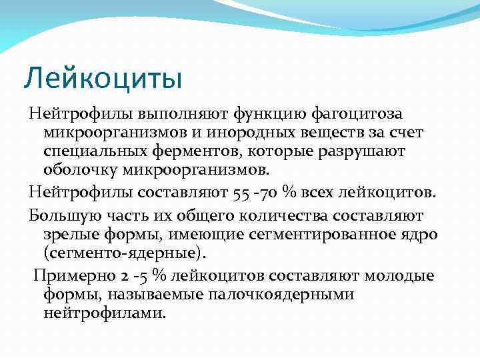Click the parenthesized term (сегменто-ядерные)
pyautogui.click(x=124, y=253)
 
